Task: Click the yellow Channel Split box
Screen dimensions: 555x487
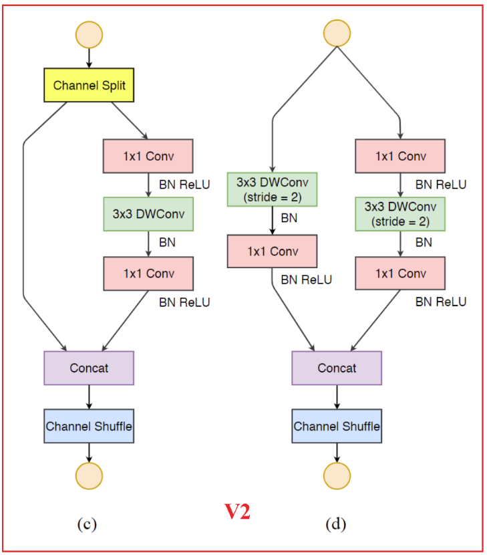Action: [x=90, y=85]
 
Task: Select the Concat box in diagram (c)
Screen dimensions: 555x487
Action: [x=89, y=368]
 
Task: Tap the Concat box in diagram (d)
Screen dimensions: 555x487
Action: [x=337, y=368]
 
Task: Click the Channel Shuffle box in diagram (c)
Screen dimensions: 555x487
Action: [x=89, y=426]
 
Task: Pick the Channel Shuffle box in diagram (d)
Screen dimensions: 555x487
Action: [x=337, y=426]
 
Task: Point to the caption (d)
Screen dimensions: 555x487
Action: [x=335, y=524]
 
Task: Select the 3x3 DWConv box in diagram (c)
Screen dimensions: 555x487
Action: [x=148, y=215]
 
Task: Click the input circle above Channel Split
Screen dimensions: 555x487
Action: [x=90, y=35]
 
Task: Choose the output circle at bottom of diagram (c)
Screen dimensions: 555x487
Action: [x=89, y=475]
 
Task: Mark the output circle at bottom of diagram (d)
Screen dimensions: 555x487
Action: [x=337, y=475]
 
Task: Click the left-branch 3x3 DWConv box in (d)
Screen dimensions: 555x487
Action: [x=272, y=189]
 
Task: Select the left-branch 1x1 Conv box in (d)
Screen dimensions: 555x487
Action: [x=272, y=251]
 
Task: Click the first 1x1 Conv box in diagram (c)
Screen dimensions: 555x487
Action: [x=148, y=156]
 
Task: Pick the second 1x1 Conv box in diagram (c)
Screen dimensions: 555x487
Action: [x=148, y=273]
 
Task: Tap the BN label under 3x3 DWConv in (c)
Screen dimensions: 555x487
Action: [x=167, y=242]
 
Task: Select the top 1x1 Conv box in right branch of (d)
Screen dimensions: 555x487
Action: [x=400, y=156]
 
